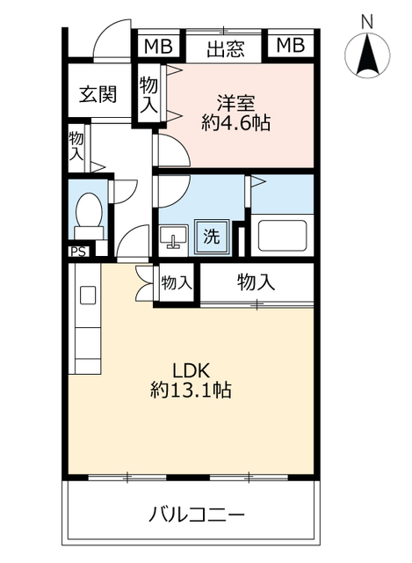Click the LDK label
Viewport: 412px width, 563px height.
[x=191, y=369]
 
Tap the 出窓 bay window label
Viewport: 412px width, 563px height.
[x=225, y=49]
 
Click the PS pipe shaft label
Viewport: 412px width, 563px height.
[x=78, y=250]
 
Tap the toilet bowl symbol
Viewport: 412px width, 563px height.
[x=89, y=212]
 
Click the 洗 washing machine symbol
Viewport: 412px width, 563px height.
[x=211, y=236]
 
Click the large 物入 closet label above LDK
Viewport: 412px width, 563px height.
[x=256, y=282]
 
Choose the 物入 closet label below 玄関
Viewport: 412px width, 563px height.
[x=76, y=146]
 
